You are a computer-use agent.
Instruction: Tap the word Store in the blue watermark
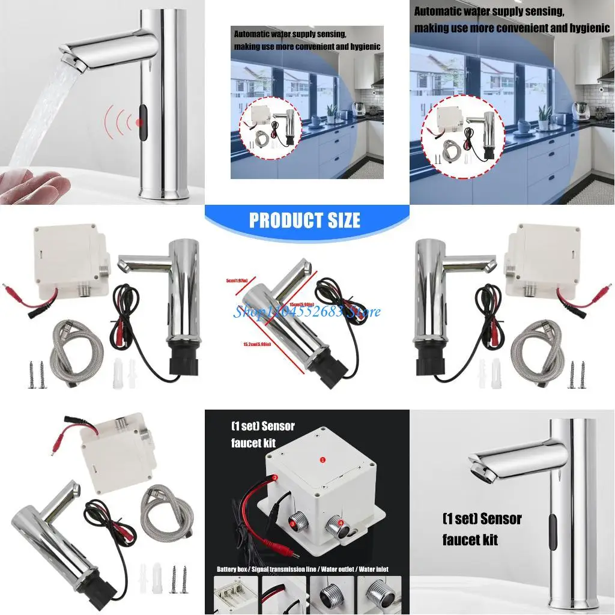pyautogui.click(x=366, y=312)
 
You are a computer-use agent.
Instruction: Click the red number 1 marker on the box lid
pyautogui.click(x=323, y=459)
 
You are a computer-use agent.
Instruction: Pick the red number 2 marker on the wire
pyautogui.click(x=275, y=478)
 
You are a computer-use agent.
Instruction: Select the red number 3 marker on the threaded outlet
pyautogui.click(x=292, y=523)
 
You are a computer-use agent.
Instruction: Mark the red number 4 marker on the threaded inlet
pyautogui.click(x=340, y=523)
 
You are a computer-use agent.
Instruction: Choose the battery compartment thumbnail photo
pyautogui.click(x=236, y=595)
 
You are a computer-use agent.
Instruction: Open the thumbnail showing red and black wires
pyautogui.click(x=283, y=595)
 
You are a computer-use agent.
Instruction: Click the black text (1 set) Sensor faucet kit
pyautogui.click(x=482, y=529)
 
